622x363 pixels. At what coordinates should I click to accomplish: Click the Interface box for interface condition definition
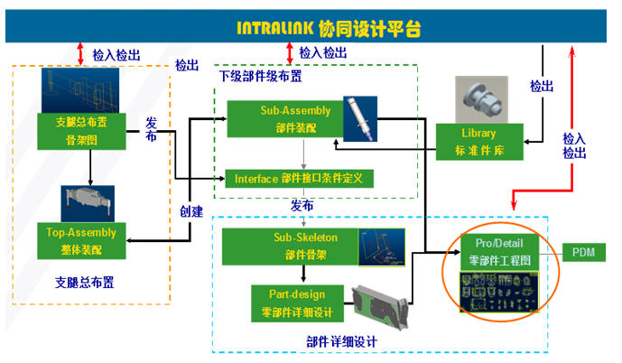298,179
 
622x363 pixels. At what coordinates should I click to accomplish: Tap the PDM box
581,253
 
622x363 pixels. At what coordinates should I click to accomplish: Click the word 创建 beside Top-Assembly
191,211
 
